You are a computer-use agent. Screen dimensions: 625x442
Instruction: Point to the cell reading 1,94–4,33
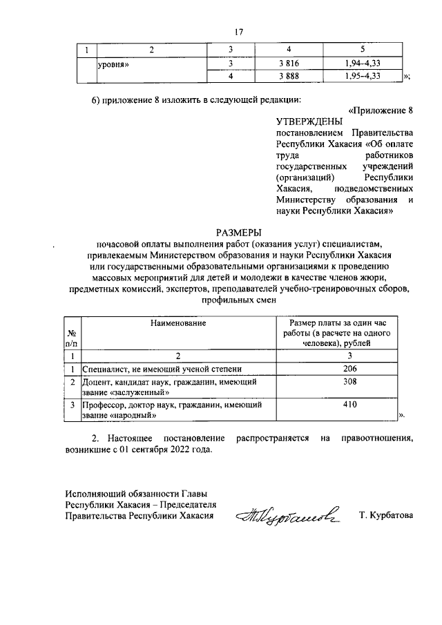[x=363, y=64]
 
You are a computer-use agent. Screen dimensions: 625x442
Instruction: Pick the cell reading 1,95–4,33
[x=363, y=76]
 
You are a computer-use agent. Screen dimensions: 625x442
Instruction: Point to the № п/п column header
[x=71, y=336]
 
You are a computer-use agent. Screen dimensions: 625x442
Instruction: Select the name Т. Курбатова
[x=386, y=515]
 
